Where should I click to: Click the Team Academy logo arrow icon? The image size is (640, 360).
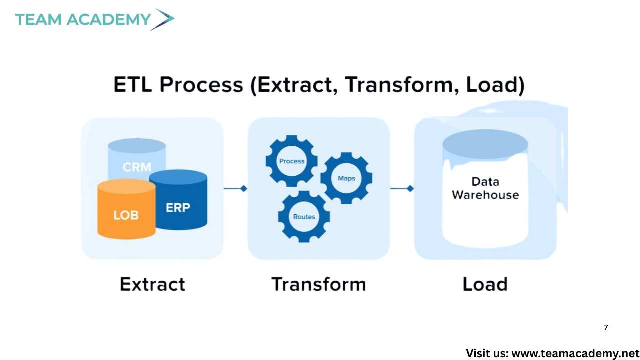pyautogui.click(x=162, y=19)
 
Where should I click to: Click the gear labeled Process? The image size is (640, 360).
pyautogui.click(x=292, y=161)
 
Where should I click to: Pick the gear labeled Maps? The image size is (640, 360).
pyautogui.click(x=346, y=178)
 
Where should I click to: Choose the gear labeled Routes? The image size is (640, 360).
pyautogui.click(x=304, y=216)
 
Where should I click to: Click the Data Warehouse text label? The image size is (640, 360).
pyautogui.click(x=485, y=188)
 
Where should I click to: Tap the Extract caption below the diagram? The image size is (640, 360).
pyautogui.click(x=152, y=284)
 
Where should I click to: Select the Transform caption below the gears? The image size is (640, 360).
pyautogui.click(x=319, y=284)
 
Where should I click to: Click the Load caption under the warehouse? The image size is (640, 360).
pyautogui.click(x=485, y=284)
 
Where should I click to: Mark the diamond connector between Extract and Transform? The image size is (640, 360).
pyautogui.click(x=243, y=188)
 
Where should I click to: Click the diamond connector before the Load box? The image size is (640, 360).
pyautogui.click(x=410, y=188)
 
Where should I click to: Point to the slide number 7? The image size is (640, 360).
pyautogui.click(x=606, y=328)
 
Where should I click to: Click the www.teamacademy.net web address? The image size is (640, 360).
pyautogui.click(x=576, y=353)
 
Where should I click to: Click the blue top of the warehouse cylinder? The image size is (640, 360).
pyautogui.click(x=485, y=144)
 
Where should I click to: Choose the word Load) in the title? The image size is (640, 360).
pyautogui.click(x=495, y=85)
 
